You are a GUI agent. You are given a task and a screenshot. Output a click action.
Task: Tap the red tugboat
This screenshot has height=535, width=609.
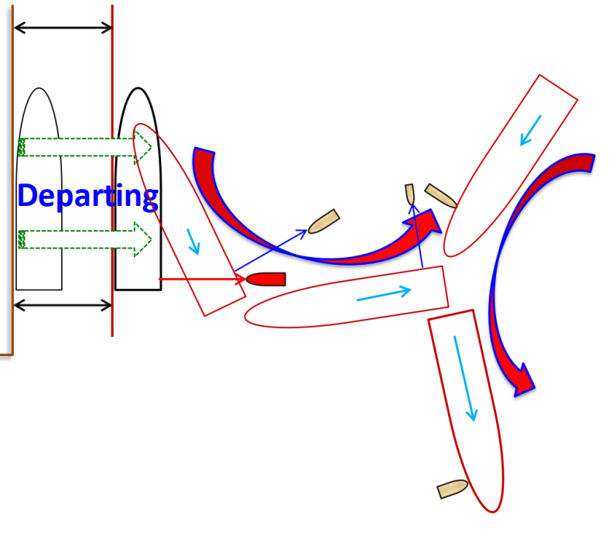click(266, 279)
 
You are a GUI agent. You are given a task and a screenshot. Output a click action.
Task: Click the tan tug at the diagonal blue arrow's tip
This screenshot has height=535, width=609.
click(323, 222)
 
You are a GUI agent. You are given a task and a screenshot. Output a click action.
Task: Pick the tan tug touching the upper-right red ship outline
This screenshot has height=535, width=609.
click(440, 197)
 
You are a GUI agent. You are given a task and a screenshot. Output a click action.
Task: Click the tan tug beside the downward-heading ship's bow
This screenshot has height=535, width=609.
click(453, 489)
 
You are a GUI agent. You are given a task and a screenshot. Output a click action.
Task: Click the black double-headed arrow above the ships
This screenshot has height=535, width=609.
click(63, 28)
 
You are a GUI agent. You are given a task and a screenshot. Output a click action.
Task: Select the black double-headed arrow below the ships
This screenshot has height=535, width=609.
click(63, 305)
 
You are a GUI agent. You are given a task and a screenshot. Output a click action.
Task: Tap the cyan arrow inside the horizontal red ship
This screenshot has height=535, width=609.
click(383, 293)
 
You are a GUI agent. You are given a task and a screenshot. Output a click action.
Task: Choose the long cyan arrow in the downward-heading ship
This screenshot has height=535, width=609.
click(466, 377)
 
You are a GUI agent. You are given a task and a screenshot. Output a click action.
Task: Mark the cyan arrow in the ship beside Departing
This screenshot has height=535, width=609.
click(192, 242)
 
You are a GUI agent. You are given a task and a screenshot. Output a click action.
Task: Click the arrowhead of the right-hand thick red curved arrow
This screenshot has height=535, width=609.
click(524, 379)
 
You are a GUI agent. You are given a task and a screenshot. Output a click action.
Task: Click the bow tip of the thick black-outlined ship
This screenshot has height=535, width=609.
click(139, 88)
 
